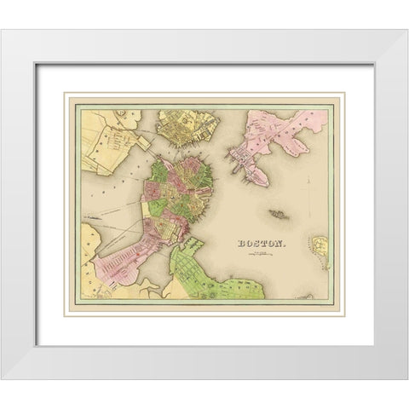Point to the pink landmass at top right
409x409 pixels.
281,128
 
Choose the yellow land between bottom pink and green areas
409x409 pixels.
158,294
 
